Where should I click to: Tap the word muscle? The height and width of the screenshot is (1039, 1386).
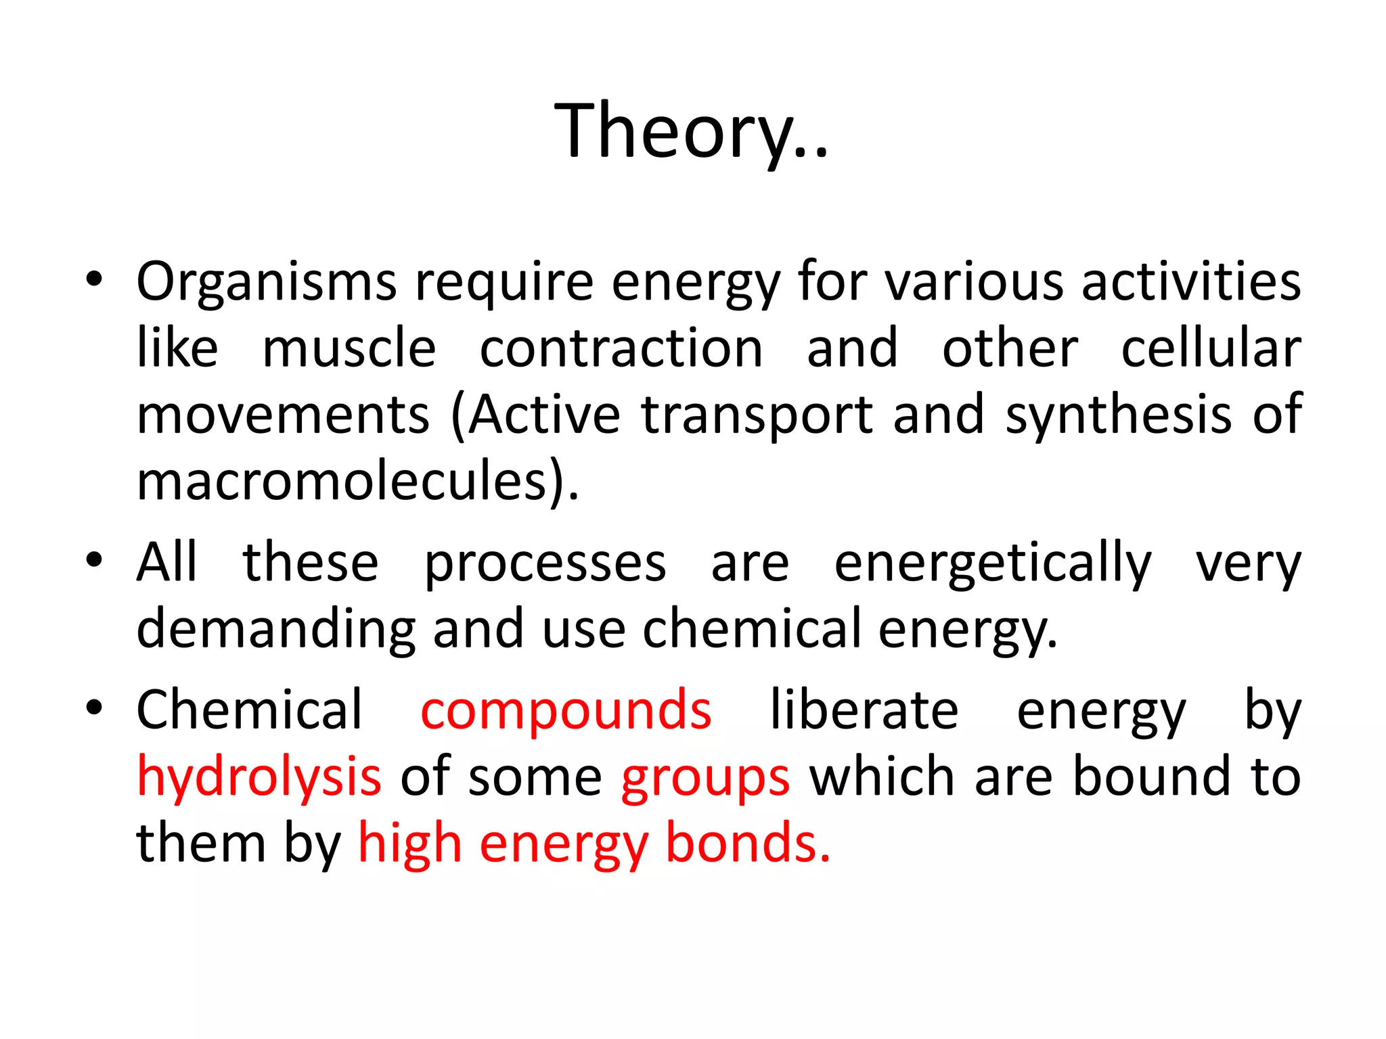pyautogui.click(x=349, y=348)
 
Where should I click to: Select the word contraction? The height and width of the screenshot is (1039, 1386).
pyautogui.click(x=621, y=348)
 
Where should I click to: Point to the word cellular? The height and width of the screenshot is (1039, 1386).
pyautogui.click(x=1211, y=348)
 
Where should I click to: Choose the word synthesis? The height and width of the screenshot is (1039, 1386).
pyautogui.click(x=1118, y=415)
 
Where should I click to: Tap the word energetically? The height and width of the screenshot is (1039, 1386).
pyautogui.click(x=992, y=563)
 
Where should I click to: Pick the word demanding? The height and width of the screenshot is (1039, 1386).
pyautogui.click(x=275, y=629)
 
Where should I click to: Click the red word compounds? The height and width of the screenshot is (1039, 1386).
pyautogui.click(x=566, y=710)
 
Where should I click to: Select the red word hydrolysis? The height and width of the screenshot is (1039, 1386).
pyautogui.click(x=259, y=777)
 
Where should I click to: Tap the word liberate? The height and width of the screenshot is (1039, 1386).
pyautogui.click(x=864, y=710)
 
